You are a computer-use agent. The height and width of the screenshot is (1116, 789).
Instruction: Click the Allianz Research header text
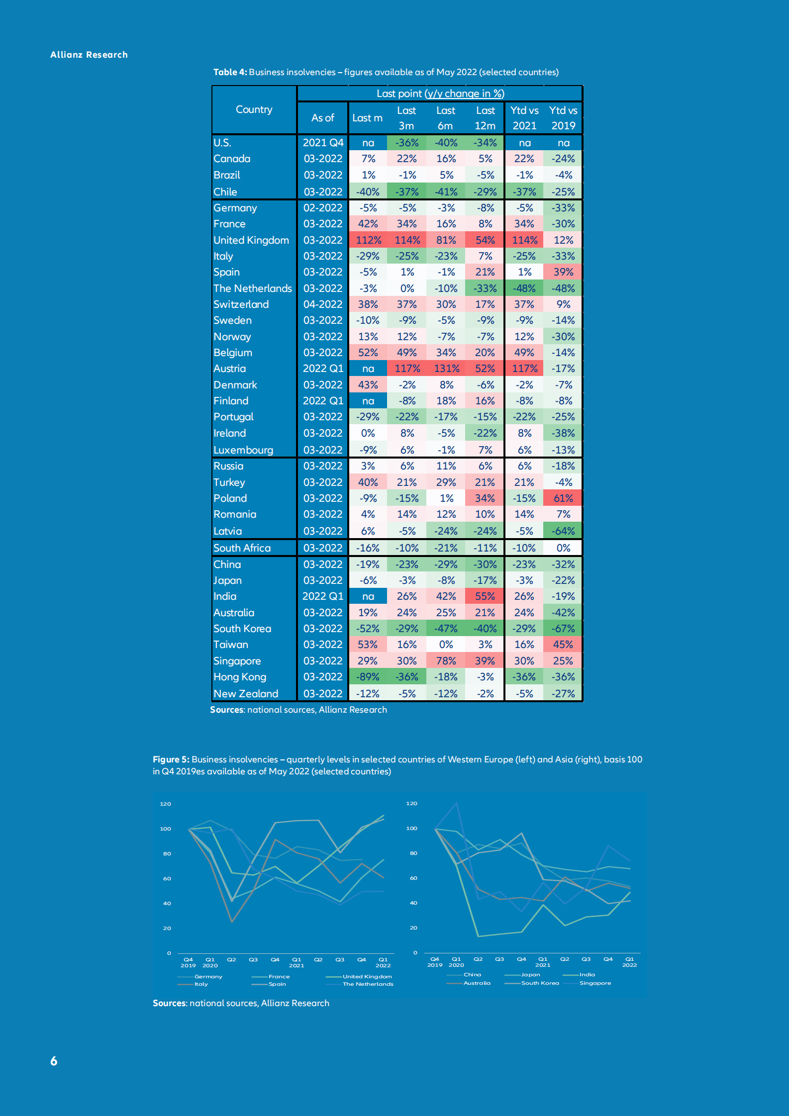[x=89, y=55]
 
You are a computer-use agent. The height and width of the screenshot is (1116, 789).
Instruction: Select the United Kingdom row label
[x=251, y=240]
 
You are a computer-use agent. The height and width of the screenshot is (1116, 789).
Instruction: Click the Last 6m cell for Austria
[x=446, y=369]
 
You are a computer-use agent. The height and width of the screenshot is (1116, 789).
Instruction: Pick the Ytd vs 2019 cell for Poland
[x=563, y=498]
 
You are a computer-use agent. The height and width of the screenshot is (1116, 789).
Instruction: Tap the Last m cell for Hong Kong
[x=368, y=677]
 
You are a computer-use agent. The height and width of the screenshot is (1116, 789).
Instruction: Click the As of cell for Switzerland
[x=323, y=304]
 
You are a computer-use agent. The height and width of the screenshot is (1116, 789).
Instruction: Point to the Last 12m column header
[x=485, y=118]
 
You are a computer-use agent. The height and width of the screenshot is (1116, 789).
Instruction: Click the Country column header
[x=254, y=109]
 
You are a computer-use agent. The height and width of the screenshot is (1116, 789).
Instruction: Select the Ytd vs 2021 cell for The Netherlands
[x=524, y=288]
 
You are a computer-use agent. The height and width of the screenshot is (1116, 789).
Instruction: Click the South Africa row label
[x=242, y=548]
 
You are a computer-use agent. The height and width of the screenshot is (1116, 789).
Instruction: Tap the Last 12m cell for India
[x=485, y=596]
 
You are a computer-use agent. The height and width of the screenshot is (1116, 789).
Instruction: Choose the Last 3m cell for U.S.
[x=407, y=143]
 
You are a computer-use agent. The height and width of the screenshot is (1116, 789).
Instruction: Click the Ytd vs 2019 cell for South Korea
[x=563, y=629]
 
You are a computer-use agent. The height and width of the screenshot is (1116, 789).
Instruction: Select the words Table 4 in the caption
[x=230, y=72]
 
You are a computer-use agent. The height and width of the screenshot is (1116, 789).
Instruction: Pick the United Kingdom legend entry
[x=367, y=977]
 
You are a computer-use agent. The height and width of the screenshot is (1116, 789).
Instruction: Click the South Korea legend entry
[x=540, y=983]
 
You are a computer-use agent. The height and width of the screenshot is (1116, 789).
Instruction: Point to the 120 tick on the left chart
[x=165, y=804]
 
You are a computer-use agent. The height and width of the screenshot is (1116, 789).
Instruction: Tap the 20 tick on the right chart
[x=413, y=928]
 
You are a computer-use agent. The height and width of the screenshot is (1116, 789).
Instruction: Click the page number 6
[x=54, y=1061]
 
